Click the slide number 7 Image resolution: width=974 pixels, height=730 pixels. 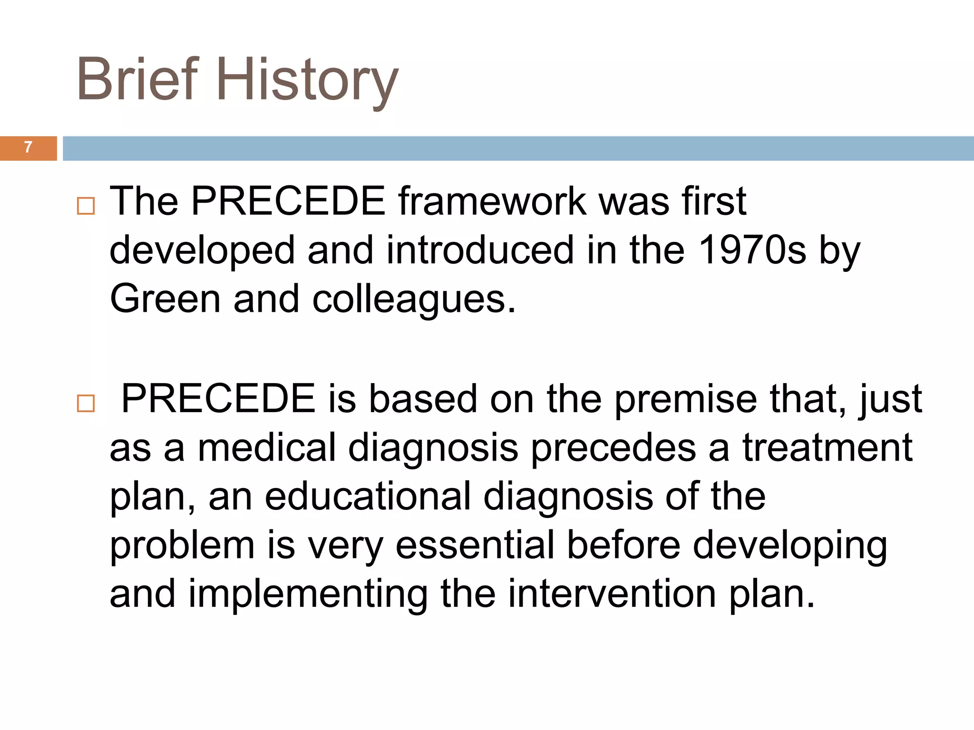28,148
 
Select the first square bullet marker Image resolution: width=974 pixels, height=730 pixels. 86,206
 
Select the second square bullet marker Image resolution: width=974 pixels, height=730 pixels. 86,403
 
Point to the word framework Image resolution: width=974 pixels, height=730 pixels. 492,202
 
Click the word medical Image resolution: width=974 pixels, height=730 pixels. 267,448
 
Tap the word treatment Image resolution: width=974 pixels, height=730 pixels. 828,448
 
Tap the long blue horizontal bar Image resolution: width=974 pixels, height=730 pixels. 518,148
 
